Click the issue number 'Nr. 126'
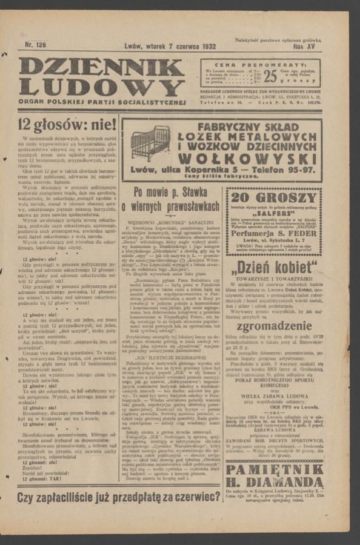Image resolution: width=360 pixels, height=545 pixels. [x=35, y=45]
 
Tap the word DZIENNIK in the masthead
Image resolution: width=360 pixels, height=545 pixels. [x=101, y=67]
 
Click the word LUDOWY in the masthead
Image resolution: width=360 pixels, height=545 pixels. [x=101, y=88]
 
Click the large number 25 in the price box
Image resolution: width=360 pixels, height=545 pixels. [x=270, y=76]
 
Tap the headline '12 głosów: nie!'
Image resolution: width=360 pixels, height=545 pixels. [x=67, y=125]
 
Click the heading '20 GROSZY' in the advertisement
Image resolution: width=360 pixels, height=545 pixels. [x=274, y=199]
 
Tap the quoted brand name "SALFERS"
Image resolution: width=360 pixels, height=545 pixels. [x=274, y=213]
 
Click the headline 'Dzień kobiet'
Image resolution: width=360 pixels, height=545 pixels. [x=274, y=268]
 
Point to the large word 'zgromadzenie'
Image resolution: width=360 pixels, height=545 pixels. [x=274, y=326]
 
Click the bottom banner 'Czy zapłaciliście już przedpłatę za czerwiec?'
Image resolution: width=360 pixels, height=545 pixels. [x=119, y=497]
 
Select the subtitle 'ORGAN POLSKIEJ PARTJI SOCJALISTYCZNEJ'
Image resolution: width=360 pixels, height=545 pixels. [x=101, y=102]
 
